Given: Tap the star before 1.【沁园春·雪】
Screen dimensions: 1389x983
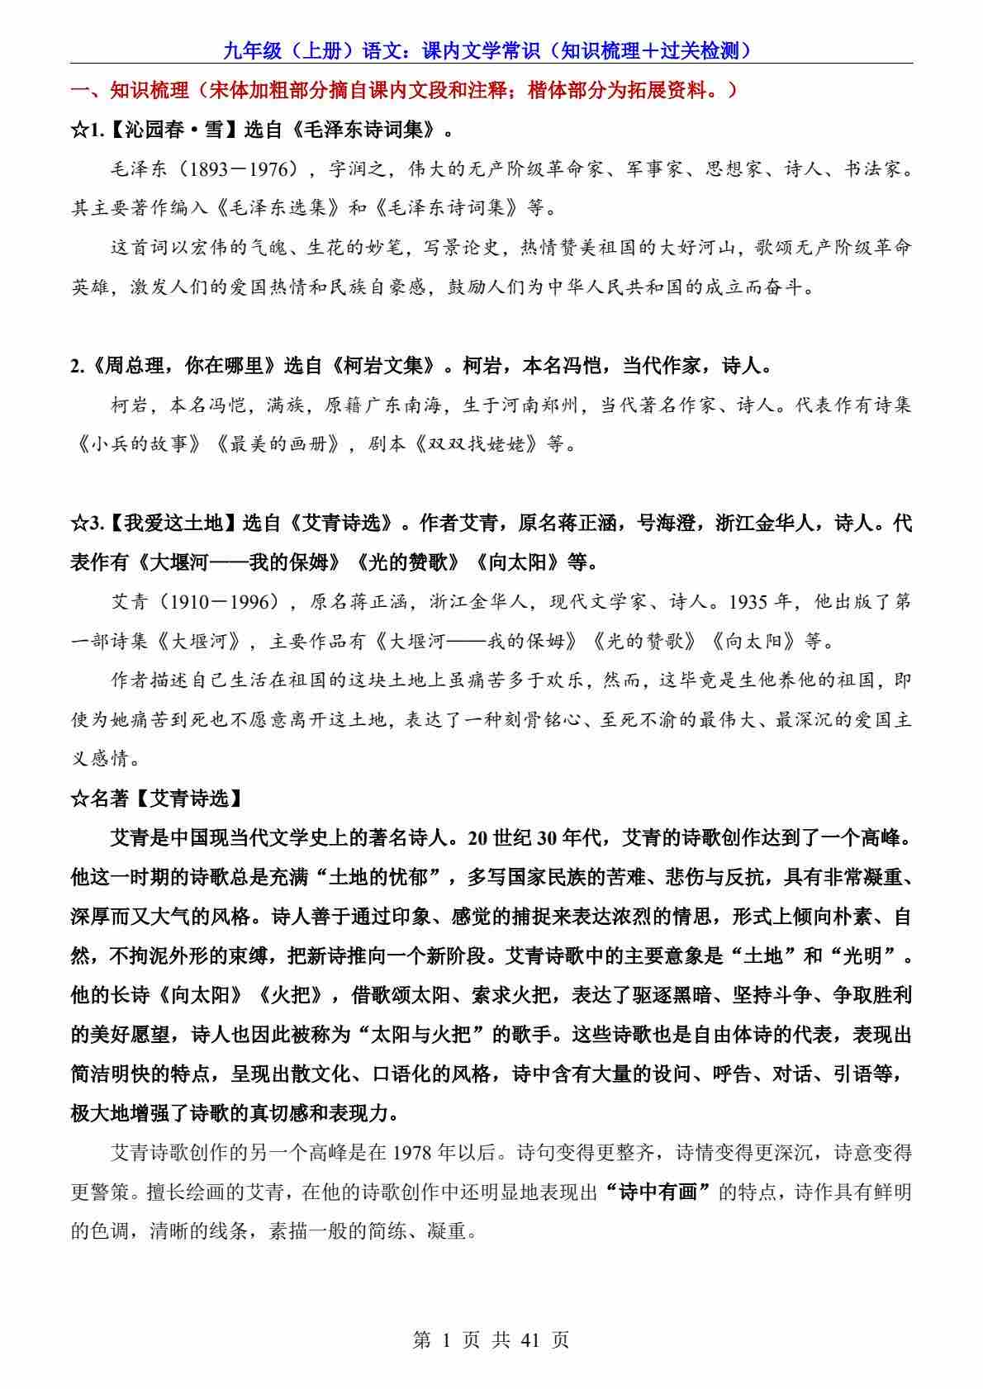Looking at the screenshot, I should tap(78, 130).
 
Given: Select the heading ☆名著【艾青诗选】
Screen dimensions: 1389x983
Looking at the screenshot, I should tap(157, 799).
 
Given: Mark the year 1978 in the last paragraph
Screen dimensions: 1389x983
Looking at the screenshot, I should tap(419, 1153).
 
